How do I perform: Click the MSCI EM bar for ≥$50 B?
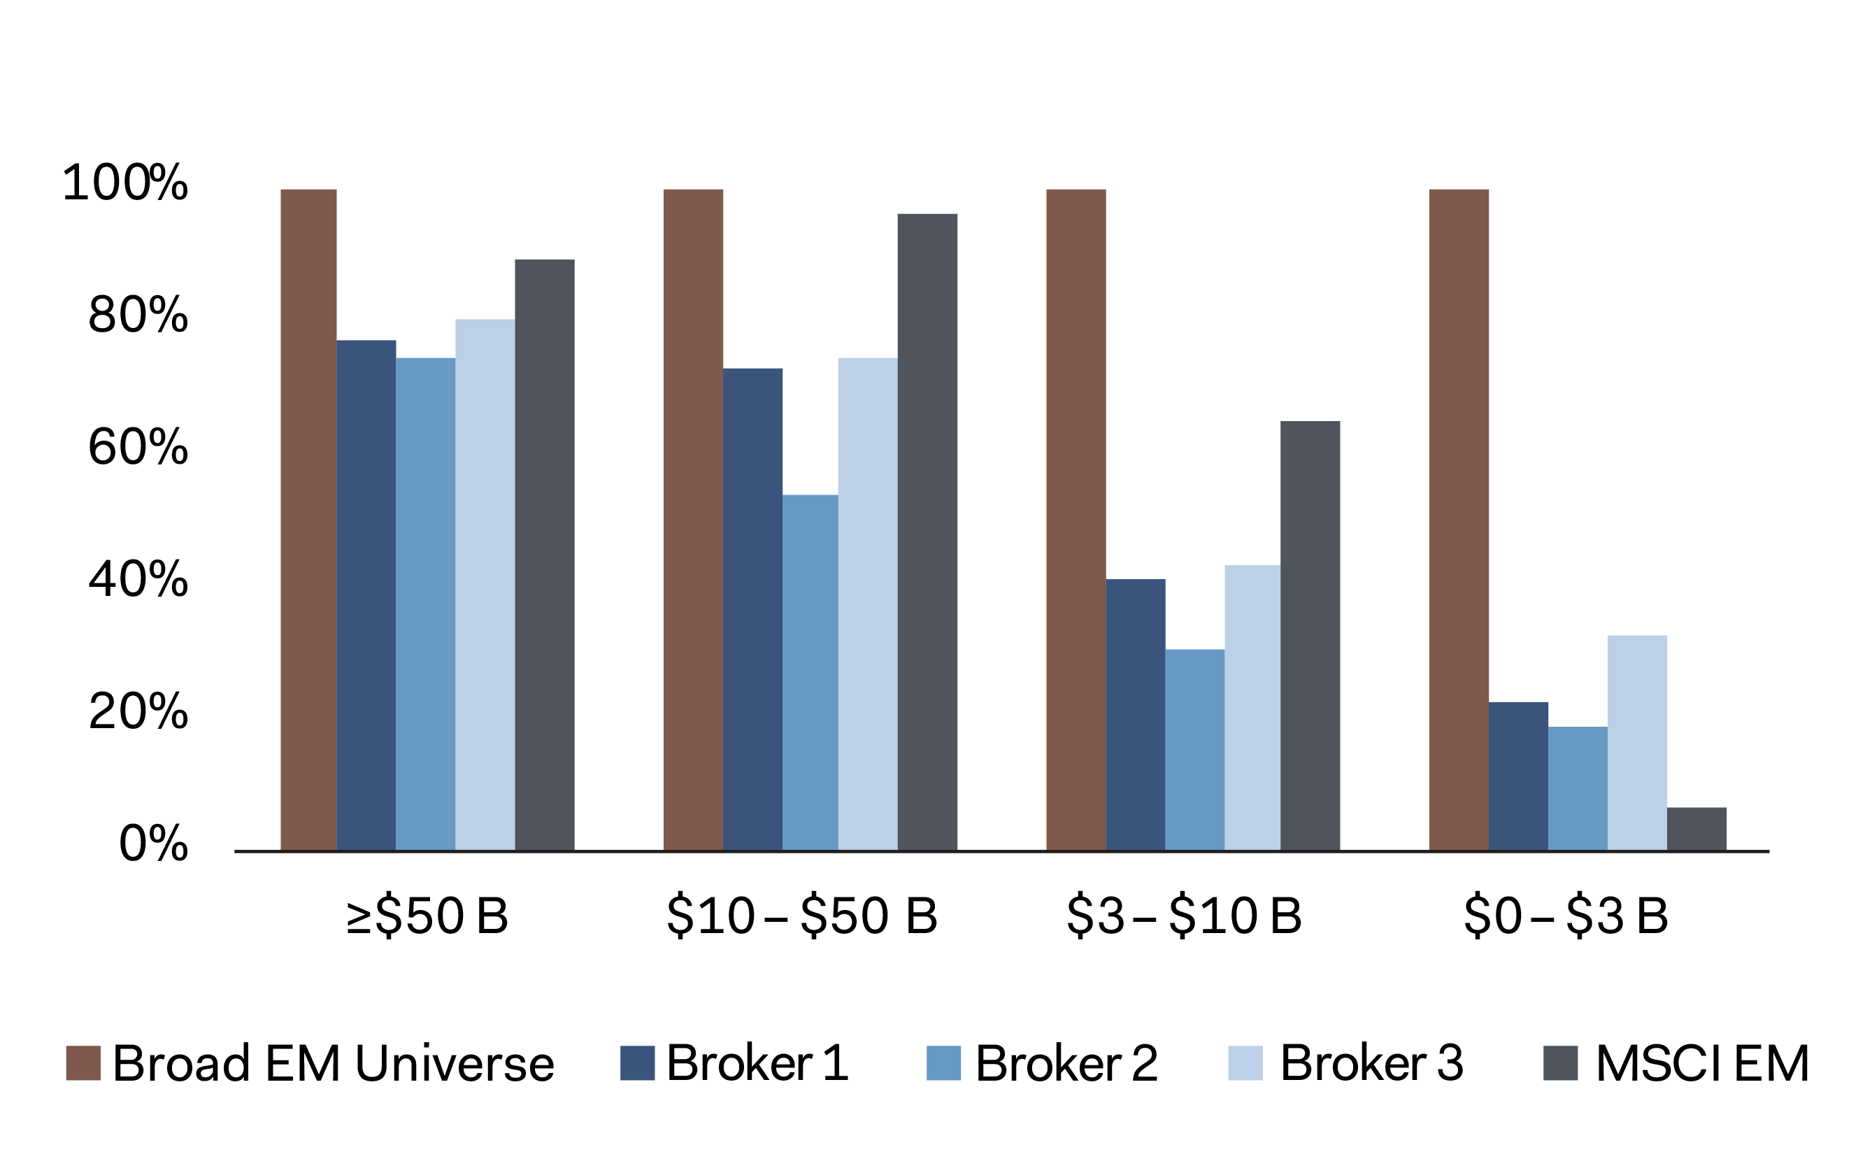pyautogui.click(x=544, y=555)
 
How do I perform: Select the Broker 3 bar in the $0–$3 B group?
pyautogui.click(x=1637, y=743)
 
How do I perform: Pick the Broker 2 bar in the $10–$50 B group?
pyautogui.click(x=810, y=672)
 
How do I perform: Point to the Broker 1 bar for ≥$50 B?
pyautogui.click(x=366, y=595)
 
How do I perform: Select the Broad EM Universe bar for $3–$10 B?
pyautogui.click(x=1076, y=520)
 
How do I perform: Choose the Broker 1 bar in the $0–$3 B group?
pyautogui.click(x=1518, y=776)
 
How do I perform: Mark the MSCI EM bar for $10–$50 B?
pyautogui.click(x=927, y=532)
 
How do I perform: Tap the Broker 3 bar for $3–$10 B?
pyautogui.click(x=1252, y=708)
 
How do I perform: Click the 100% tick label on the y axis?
pyautogui.click(x=125, y=183)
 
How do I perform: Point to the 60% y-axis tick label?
pyautogui.click(x=138, y=446)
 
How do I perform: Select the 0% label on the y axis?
pyautogui.click(x=152, y=843)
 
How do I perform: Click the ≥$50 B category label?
pyautogui.click(x=427, y=916)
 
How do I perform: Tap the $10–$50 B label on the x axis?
pyautogui.click(x=802, y=916)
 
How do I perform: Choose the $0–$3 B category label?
pyautogui.click(x=1566, y=916)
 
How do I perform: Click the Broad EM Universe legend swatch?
pyautogui.click(x=83, y=1062)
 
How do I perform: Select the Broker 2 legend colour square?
pyautogui.click(x=943, y=1062)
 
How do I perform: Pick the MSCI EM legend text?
pyautogui.click(x=1702, y=1062)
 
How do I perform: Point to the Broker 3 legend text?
pyautogui.click(x=1371, y=1062)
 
